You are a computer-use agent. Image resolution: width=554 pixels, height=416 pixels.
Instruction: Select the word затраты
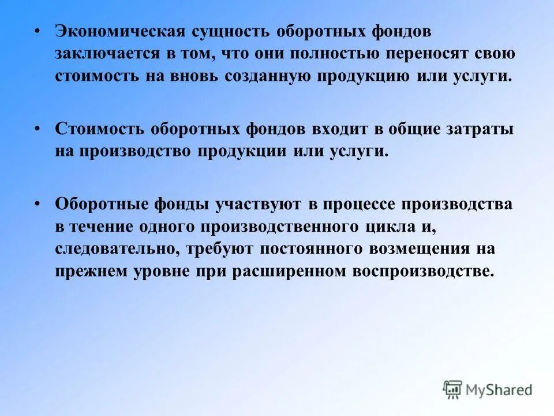(481, 129)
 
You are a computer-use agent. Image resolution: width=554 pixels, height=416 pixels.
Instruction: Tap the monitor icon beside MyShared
(453, 389)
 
